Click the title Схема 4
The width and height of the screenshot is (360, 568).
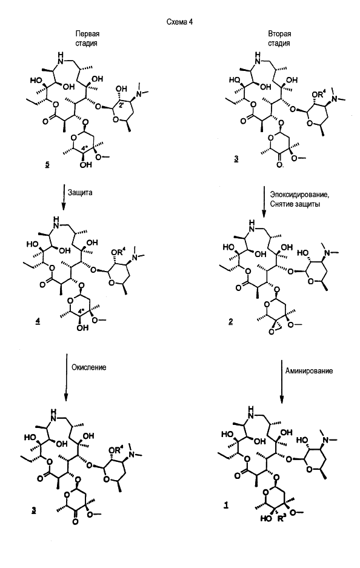(179, 22)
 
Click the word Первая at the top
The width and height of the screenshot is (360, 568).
(87, 34)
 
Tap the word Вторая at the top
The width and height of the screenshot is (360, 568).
(279, 34)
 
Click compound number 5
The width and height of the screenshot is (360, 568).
(47, 165)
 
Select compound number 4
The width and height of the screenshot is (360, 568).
(38, 322)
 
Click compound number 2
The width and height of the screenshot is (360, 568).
(231, 322)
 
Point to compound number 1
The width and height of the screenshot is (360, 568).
(226, 506)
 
